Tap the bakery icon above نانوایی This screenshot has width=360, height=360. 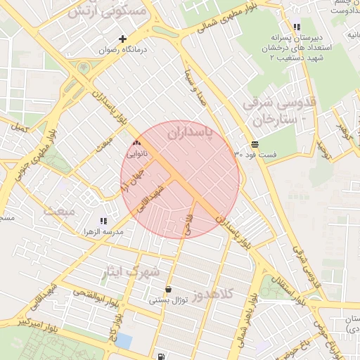pyautogui.click(x=136, y=142)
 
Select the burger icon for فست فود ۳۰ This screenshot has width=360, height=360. pyautogui.click(x=254, y=143)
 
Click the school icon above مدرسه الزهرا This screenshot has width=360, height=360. pyautogui.click(x=103, y=221)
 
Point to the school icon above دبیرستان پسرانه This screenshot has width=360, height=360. pyautogui.click(x=297, y=27)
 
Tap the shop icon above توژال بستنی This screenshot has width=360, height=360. pyautogui.click(x=168, y=289)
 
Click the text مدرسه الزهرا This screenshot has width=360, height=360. pyautogui.click(x=104, y=231)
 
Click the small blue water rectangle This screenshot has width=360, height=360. pyautogui.click(x=124, y=341)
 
